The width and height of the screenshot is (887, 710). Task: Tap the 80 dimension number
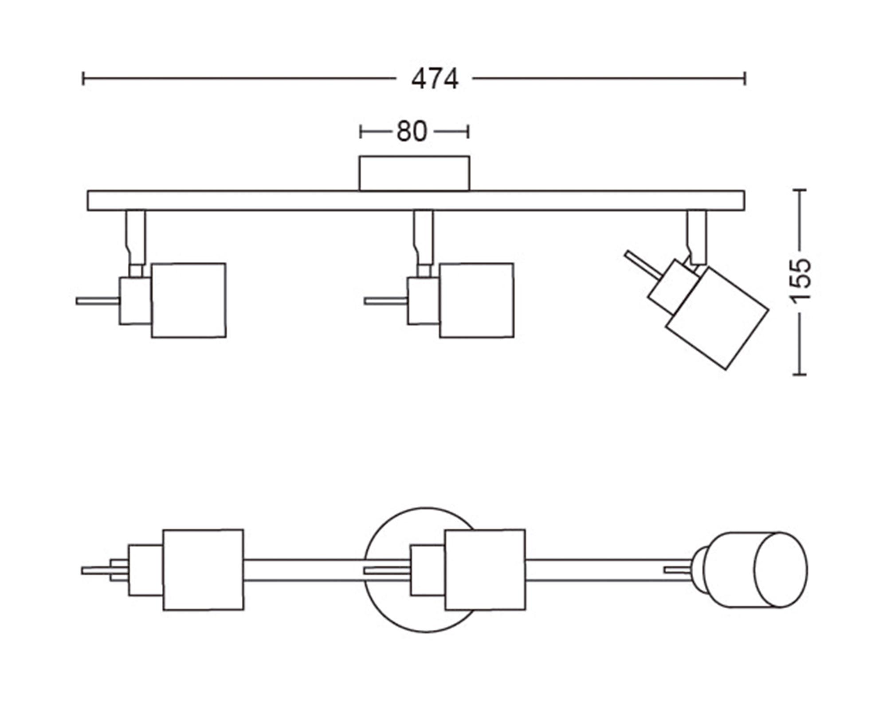(x=412, y=132)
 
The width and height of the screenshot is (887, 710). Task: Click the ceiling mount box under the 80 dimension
(x=414, y=173)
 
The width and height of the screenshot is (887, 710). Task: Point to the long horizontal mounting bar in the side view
(x=310, y=201)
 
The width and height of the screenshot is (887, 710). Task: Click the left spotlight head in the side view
(x=189, y=300)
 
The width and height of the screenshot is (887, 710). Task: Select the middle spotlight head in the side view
(x=477, y=300)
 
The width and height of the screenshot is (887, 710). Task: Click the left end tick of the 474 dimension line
(x=83, y=79)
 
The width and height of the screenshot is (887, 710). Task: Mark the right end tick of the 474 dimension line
(x=745, y=79)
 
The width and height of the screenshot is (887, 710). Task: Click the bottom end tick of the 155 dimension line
(x=799, y=375)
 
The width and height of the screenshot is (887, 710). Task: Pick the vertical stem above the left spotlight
(x=135, y=237)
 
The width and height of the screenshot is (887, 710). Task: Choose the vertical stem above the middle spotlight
(x=424, y=237)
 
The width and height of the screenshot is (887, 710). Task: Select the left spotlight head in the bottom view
(x=203, y=570)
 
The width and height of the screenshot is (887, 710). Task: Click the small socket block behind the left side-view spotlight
(x=135, y=301)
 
